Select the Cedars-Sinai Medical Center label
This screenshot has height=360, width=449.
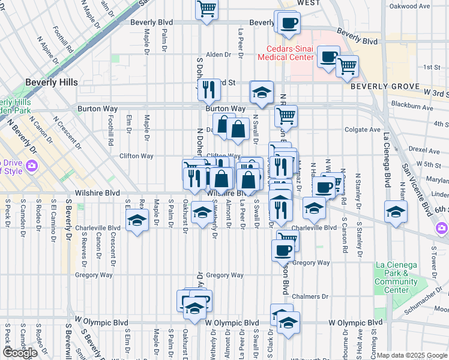[x=286, y=53]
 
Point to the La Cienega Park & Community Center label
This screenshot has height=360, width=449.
[x=396, y=277]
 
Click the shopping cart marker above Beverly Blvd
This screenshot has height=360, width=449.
[x=206, y=9]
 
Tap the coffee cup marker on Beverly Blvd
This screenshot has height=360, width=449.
[x=288, y=23]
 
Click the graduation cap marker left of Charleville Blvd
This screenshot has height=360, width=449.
[x=137, y=221]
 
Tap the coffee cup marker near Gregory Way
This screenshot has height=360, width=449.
[x=283, y=250]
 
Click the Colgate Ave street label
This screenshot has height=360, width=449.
[x=363, y=130]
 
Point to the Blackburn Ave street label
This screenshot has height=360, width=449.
[x=411, y=107]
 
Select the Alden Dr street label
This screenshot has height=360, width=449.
[x=218, y=55]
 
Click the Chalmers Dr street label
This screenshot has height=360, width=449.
[x=310, y=296]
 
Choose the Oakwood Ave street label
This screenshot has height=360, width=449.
[x=409, y=6]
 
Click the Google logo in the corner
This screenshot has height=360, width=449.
[x=20, y=352]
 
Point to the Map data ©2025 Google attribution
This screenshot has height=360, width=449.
[x=412, y=355]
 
